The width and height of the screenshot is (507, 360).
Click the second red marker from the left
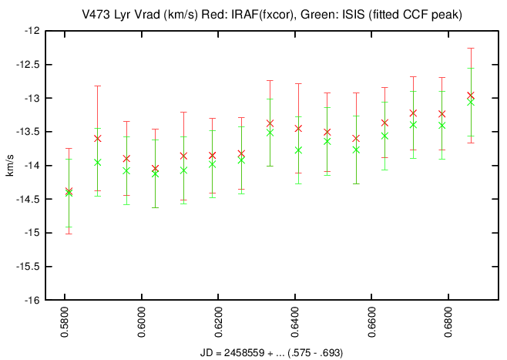(x=97, y=138)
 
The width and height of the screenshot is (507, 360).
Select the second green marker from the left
(x=97, y=162)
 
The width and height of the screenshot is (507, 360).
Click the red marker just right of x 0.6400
(x=298, y=128)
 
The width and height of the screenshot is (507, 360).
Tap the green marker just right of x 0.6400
(x=298, y=150)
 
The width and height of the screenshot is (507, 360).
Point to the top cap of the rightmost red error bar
(x=471, y=48)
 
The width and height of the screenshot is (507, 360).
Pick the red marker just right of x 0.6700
(x=413, y=113)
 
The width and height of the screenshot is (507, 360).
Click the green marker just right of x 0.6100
(x=183, y=170)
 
